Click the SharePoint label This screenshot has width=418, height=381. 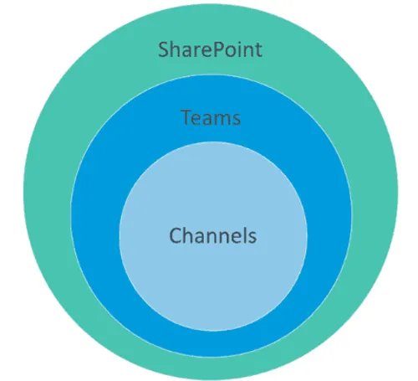(210, 49)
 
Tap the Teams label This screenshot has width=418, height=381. (211, 117)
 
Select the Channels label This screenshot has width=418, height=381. (212, 236)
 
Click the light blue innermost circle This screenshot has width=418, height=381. (212, 268)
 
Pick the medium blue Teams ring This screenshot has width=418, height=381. (96, 218)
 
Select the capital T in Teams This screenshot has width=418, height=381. (186, 117)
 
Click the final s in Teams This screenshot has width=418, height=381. (236, 118)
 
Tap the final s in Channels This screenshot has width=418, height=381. (252, 237)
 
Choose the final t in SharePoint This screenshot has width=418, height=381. (257, 49)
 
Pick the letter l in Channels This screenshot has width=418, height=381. (243, 236)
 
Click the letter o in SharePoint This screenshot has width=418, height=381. (227, 50)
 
